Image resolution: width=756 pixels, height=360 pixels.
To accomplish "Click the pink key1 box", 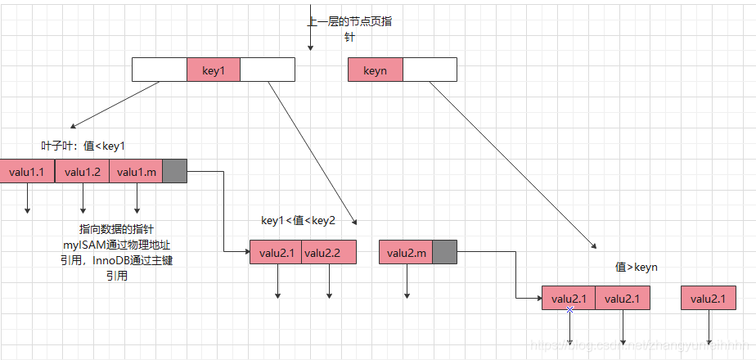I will [x=214, y=70].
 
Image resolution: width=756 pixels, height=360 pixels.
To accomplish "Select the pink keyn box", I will [x=376, y=70].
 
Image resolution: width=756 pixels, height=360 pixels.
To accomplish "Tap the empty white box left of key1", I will [x=160, y=70].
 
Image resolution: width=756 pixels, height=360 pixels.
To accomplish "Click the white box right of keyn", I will [x=430, y=70].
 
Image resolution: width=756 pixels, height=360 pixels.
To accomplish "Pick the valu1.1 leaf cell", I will [x=28, y=171].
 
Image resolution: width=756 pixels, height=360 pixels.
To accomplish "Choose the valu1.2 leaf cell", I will [x=82, y=171].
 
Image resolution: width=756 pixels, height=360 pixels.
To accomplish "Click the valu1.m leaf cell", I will [x=136, y=171].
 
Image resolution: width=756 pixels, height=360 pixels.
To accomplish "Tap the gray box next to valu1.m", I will [x=175, y=171].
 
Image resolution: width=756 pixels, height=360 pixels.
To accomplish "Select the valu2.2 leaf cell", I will [x=329, y=253].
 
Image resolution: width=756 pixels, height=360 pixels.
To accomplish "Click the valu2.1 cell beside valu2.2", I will [x=276, y=253].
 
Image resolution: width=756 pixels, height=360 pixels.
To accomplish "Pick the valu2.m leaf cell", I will [x=406, y=253].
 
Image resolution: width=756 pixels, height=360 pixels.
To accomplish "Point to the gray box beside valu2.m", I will [x=443, y=253].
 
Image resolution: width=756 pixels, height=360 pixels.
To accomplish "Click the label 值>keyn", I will [x=636, y=268].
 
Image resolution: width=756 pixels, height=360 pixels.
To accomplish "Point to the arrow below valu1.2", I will [x=83, y=199].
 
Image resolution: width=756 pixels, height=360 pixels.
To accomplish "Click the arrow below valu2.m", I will [x=407, y=282].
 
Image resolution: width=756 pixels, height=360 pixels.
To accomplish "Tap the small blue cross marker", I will [x=569, y=309].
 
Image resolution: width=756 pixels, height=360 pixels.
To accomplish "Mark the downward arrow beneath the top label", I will [x=310, y=41].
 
